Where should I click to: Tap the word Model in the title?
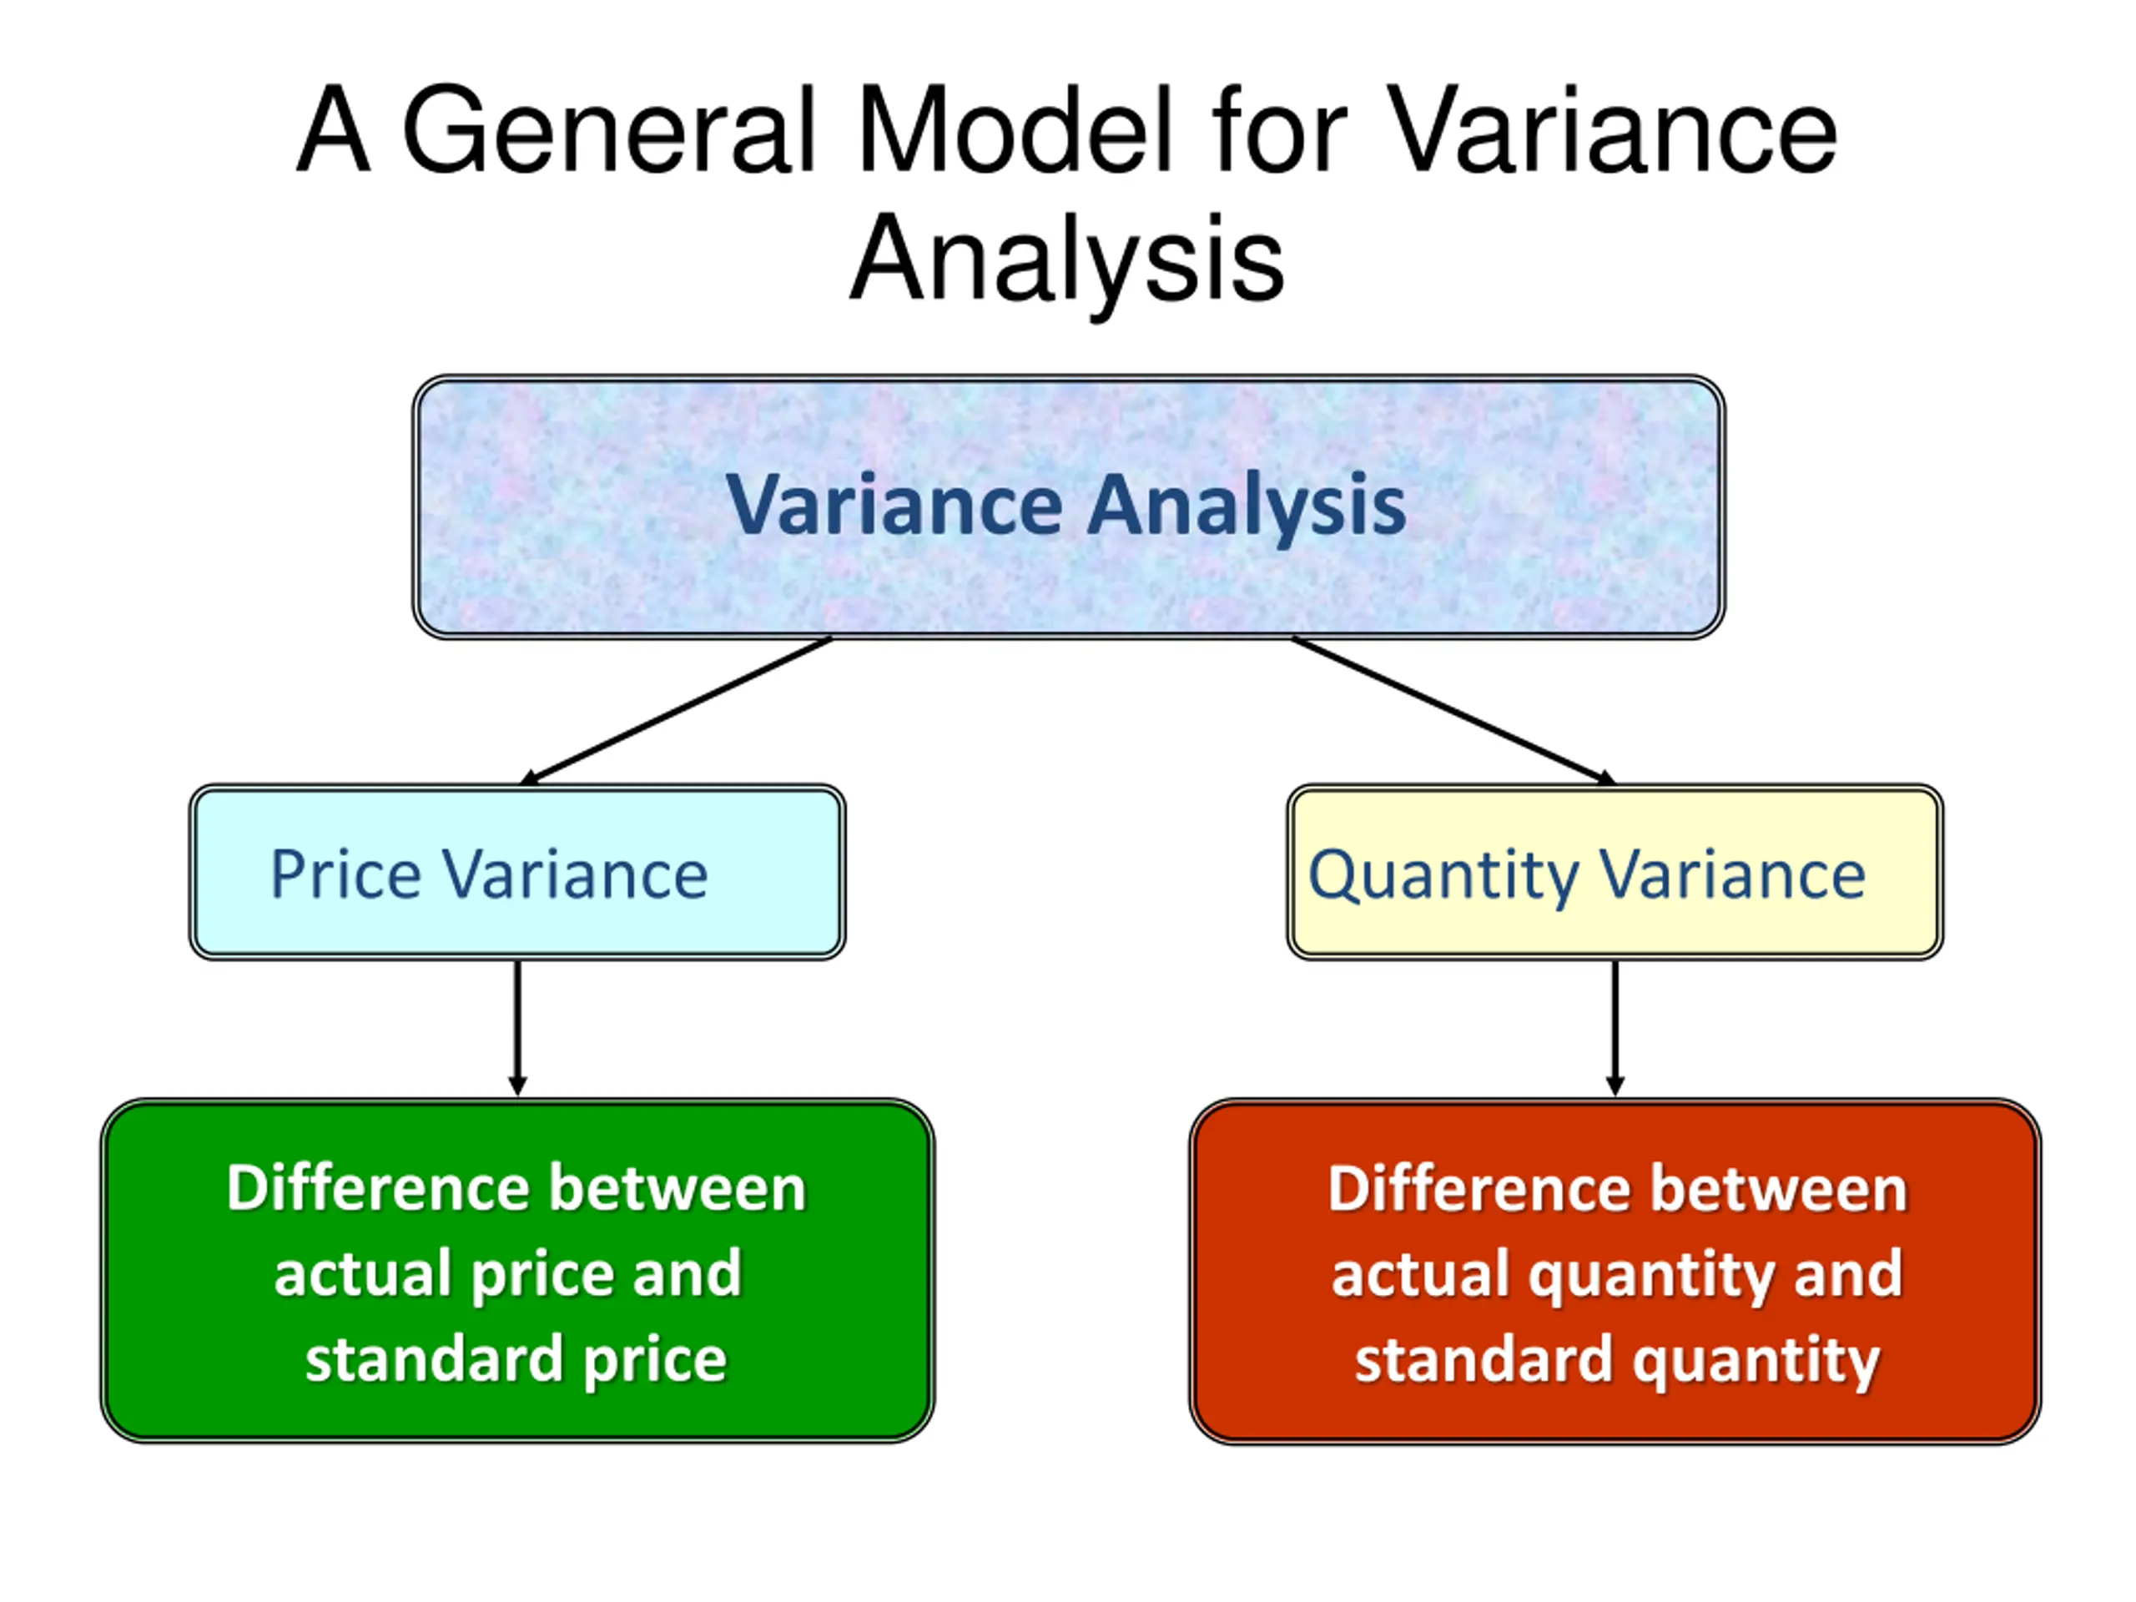point(1013,130)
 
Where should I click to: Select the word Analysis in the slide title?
point(1067,259)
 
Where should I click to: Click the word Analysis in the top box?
point(1246,505)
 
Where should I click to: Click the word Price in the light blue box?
point(345,875)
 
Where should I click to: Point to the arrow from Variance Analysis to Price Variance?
point(676,711)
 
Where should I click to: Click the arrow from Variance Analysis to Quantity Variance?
point(1453,711)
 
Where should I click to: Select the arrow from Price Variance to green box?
point(517,1029)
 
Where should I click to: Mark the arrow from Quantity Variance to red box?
point(1615,1029)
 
